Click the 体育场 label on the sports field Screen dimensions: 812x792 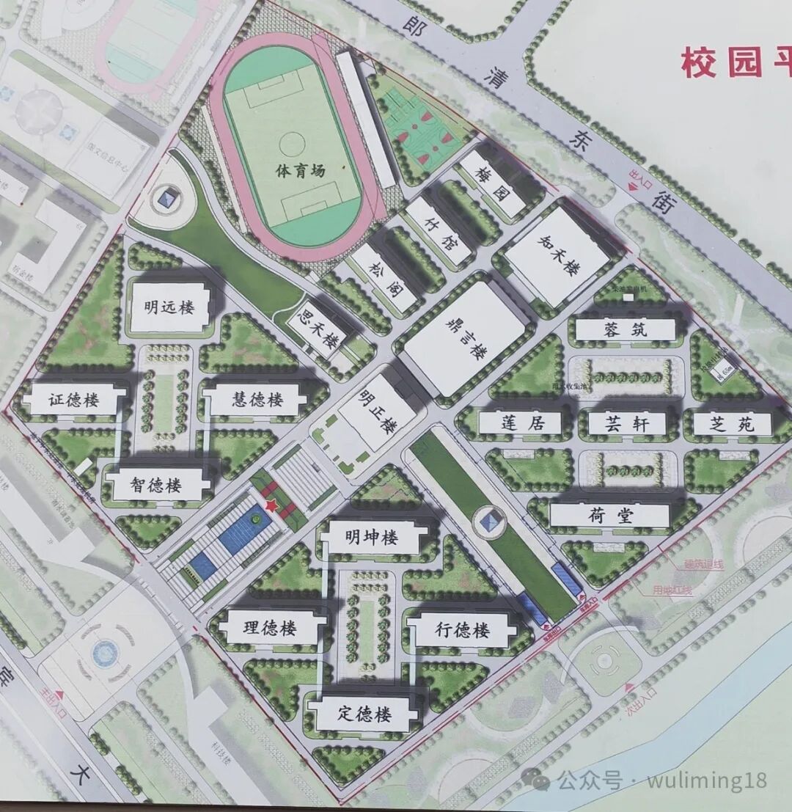tap(300, 171)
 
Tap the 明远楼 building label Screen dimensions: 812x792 tap(169, 307)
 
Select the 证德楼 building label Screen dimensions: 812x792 tap(74, 400)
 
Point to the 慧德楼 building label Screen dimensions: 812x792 tap(257, 400)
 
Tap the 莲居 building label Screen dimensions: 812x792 tap(521, 423)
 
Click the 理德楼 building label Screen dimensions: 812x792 tap(269, 629)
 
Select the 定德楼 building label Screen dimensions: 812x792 tap(364, 714)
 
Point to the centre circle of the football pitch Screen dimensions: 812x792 tap(292, 141)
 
